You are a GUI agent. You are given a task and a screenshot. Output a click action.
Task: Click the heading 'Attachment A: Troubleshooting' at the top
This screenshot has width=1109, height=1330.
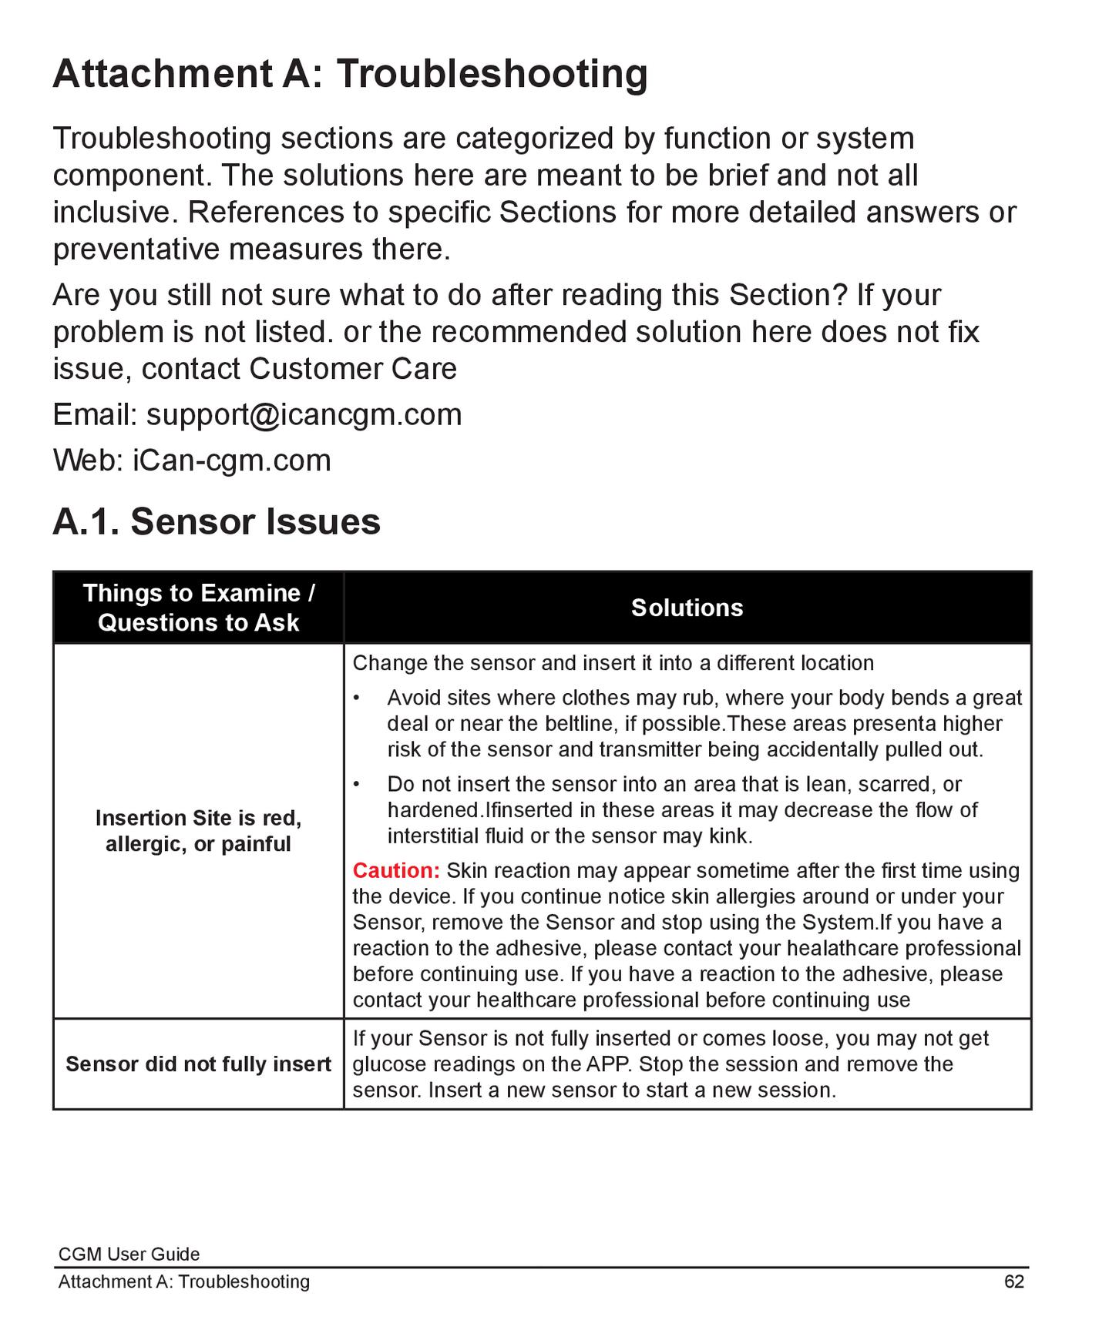point(350,74)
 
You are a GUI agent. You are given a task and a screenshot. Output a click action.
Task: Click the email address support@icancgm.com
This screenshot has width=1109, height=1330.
point(304,415)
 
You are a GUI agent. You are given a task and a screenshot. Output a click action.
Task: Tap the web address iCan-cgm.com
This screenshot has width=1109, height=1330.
point(232,461)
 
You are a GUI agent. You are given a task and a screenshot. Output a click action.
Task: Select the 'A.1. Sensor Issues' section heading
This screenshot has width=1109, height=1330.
point(217,521)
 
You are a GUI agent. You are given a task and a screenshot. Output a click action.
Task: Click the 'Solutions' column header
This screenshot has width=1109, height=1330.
point(687,608)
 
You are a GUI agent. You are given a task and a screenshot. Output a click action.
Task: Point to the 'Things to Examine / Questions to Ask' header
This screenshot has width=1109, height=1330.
point(198,608)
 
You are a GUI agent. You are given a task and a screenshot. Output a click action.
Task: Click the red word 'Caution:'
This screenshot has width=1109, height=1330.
point(396,871)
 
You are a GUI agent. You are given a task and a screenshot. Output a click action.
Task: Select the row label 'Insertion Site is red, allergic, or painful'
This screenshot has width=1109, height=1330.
point(198,831)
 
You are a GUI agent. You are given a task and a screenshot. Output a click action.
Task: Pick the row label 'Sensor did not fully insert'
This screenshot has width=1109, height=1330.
point(198,1064)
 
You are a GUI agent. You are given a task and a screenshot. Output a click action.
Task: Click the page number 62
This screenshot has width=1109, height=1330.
point(1014,1281)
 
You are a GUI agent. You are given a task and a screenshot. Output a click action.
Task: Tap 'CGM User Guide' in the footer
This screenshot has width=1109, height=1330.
point(129,1254)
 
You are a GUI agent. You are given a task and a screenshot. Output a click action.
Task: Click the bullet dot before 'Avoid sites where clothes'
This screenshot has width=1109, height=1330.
point(357,698)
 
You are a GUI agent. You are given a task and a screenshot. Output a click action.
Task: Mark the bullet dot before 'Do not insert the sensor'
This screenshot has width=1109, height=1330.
point(357,784)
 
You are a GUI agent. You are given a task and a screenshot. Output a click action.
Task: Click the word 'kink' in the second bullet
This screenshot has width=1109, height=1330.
point(728,836)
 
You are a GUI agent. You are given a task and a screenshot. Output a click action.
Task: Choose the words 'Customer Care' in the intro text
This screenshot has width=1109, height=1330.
point(353,369)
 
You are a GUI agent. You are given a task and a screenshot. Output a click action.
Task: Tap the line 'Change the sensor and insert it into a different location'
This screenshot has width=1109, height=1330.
point(613,663)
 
